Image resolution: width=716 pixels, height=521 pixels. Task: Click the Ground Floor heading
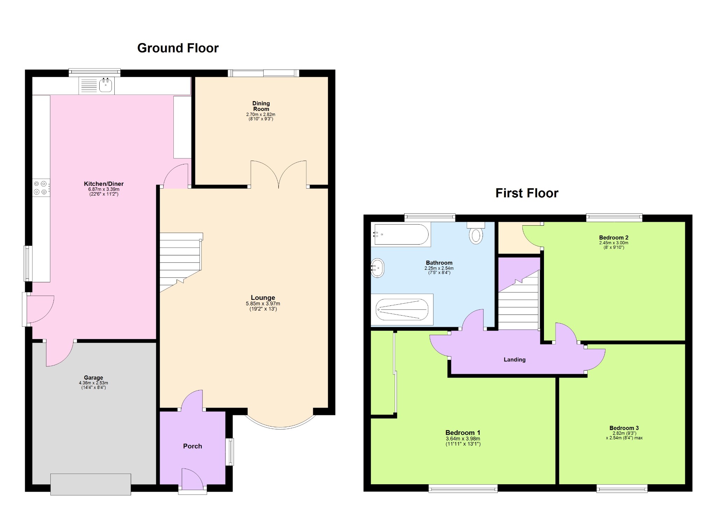tap(178, 48)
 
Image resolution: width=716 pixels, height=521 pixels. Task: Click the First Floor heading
tap(527, 193)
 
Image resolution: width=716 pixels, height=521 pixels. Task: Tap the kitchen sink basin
tap(106, 85)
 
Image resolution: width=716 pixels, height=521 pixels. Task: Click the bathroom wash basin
tap(378, 268)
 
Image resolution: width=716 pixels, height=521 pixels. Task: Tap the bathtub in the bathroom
tap(401, 234)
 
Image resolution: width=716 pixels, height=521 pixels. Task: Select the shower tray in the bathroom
tap(402, 309)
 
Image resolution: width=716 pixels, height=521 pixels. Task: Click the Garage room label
tap(93, 378)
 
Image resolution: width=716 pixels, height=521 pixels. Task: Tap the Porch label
tap(193, 446)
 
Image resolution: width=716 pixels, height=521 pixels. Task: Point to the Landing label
tap(515, 359)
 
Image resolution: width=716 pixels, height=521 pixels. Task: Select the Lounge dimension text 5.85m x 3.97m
tap(263, 304)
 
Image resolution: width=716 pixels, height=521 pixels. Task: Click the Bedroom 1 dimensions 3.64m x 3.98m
tap(463, 439)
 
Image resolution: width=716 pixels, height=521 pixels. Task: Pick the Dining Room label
tap(261, 106)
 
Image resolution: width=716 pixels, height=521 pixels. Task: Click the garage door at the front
tap(91, 484)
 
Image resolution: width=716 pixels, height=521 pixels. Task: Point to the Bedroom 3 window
tap(622, 488)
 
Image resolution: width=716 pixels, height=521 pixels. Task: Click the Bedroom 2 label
tap(614, 238)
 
